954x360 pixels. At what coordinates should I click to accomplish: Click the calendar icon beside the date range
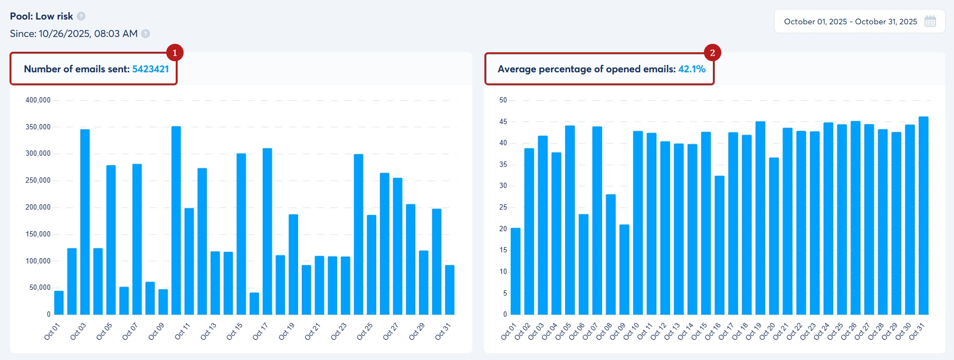pos(930,22)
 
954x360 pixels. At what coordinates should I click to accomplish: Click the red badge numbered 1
pos(175,53)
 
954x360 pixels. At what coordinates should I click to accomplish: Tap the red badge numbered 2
pos(712,53)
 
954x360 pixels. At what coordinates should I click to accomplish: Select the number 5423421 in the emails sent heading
pos(150,69)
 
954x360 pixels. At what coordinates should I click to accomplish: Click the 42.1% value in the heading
pos(692,69)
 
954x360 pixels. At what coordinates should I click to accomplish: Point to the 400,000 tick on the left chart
pos(38,100)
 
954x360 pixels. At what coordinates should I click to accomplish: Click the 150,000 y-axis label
pos(38,234)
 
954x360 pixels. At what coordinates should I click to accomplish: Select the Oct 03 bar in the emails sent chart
pos(85,222)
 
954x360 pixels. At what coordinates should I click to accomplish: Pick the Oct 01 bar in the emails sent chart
pos(59,302)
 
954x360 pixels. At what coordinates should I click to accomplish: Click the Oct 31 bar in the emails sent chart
pos(450,290)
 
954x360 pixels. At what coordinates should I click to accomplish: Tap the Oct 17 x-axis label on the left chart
pos(260,331)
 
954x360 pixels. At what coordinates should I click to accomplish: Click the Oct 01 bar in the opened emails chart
pos(516,271)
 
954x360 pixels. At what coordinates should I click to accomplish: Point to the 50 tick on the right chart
pos(503,100)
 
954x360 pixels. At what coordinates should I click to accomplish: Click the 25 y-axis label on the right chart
pos(503,207)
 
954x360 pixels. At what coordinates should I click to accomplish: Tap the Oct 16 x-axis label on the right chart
pos(713,331)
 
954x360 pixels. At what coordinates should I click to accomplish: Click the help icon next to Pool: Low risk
pos(81,16)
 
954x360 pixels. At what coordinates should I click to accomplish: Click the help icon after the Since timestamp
pos(146,34)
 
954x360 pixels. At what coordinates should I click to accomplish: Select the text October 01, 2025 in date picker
pos(815,22)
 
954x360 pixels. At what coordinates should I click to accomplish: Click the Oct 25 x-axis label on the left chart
pos(365,331)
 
